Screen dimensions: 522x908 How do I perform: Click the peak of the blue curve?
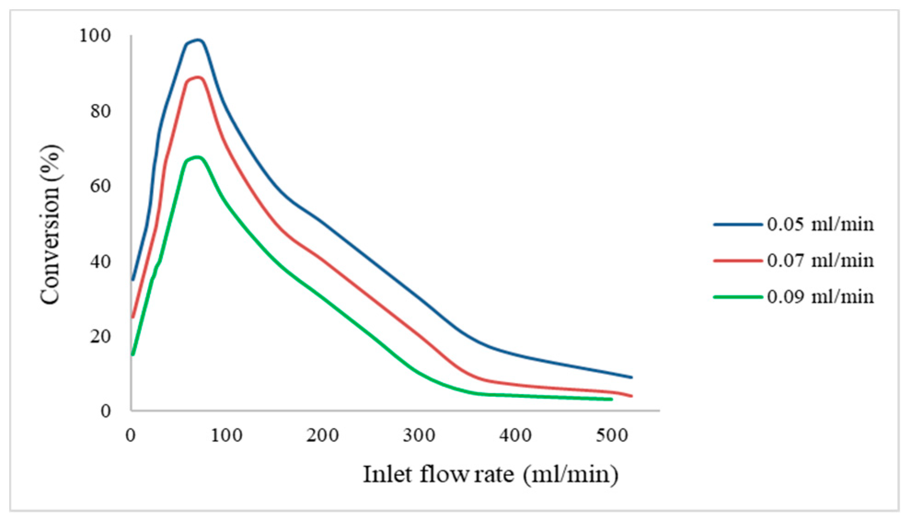198,40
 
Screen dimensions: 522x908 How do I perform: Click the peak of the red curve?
198,77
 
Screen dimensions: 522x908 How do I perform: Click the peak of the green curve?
197,157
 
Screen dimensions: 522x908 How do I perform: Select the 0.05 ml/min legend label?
820,224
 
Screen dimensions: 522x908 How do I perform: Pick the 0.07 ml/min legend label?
820,261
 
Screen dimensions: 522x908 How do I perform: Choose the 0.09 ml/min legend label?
820,297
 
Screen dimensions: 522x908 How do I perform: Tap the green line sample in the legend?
737,297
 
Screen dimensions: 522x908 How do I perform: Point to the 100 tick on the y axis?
95,35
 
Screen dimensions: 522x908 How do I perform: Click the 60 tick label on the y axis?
100,186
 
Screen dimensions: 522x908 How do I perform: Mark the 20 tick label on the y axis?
100,336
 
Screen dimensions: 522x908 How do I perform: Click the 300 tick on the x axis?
419,435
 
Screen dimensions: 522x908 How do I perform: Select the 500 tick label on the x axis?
611,435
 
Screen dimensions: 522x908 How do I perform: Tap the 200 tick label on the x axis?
322,435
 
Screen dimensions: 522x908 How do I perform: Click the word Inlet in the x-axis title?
388,474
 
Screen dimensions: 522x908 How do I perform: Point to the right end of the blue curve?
632,377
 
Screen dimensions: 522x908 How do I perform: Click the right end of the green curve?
611,399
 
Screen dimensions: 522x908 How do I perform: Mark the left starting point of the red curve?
133,317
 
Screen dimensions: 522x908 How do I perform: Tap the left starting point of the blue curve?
133,279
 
